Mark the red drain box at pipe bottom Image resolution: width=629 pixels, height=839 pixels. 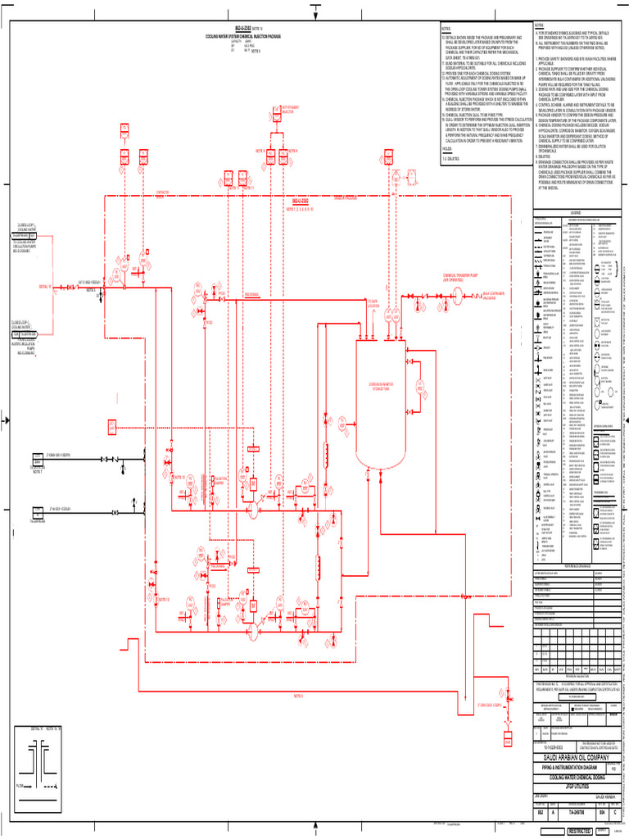pos(508,742)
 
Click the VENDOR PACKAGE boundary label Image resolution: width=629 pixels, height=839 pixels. pos(338,197)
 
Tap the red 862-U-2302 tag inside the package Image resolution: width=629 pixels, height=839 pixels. pos(301,202)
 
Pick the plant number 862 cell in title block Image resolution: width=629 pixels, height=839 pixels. pos(541,812)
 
